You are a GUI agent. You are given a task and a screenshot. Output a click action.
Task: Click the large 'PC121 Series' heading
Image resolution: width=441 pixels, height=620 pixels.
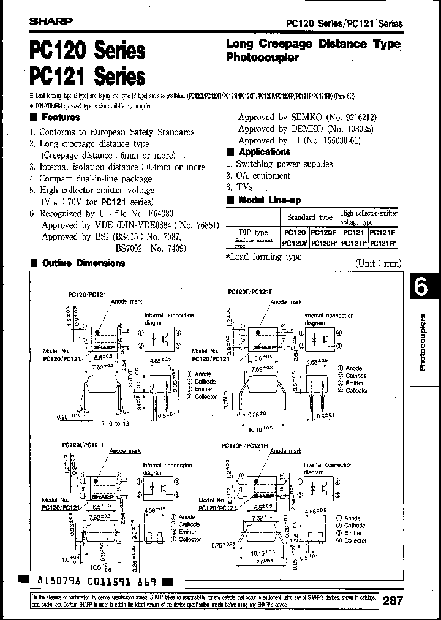pos(86,77)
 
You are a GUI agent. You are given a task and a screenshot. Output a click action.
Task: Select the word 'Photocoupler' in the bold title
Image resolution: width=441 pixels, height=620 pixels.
pos(262,58)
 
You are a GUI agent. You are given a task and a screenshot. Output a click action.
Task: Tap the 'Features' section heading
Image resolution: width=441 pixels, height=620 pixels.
pos(61,117)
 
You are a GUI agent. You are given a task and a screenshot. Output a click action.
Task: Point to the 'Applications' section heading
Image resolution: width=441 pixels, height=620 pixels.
pos(264,152)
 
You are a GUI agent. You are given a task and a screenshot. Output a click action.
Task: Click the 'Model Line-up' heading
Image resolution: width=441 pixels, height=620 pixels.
pos(269,200)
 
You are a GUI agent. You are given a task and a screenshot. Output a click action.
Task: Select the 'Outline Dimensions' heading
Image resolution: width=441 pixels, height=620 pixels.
pos(83,263)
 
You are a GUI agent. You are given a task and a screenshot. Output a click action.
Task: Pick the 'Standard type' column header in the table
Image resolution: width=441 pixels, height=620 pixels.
pos(310,217)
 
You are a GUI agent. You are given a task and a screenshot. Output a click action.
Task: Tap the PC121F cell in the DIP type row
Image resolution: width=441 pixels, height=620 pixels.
pos(383,233)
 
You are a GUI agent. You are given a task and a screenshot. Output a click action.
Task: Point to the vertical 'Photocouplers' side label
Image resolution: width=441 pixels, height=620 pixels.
pos(423,342)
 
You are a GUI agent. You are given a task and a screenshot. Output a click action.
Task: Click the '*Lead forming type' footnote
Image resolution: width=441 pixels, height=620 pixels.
pos(263,257)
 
